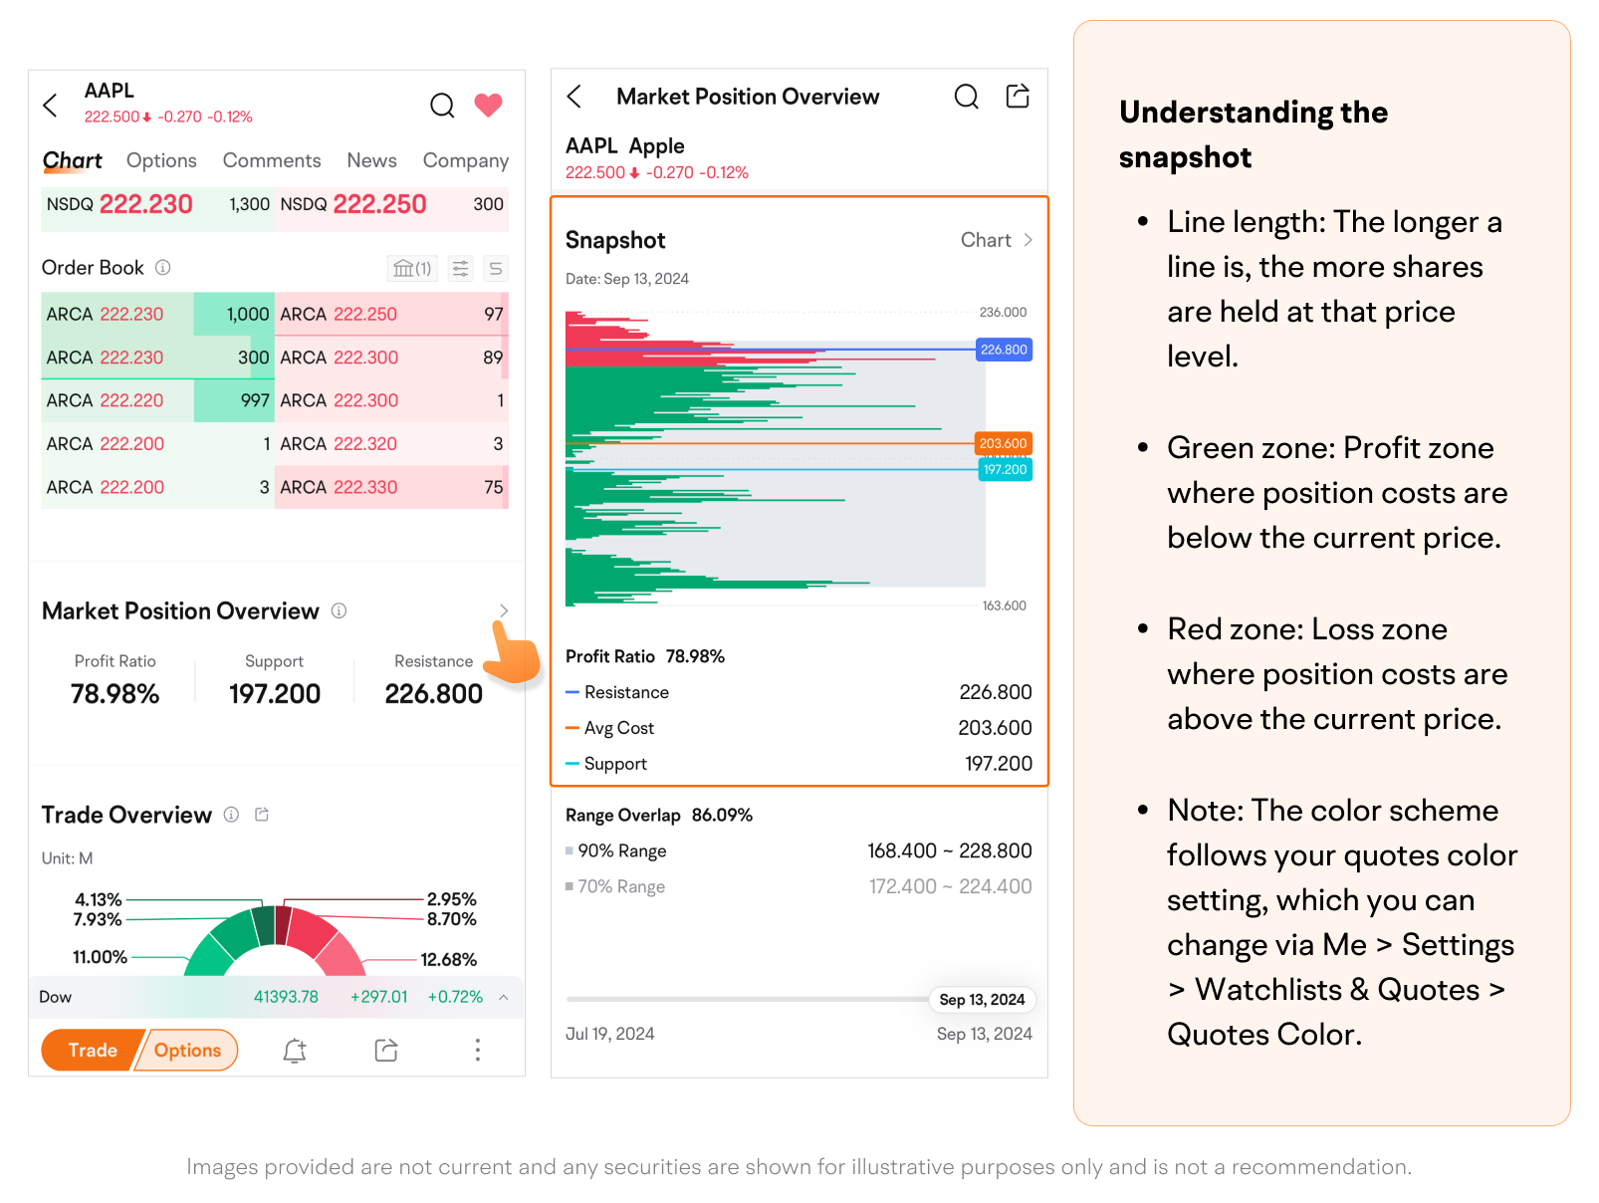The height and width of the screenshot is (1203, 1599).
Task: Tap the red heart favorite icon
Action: [488, 105]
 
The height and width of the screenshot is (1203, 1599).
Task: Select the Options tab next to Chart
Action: [161, 160]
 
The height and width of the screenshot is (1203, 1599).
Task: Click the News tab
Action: [371, 160]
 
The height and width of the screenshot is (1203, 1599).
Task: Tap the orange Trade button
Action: [92, 1050]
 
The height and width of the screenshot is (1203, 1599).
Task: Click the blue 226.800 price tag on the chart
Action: [1004, 350]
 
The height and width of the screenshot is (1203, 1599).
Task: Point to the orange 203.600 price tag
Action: [1003, 443]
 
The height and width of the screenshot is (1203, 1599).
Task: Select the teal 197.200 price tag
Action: [1005, 469]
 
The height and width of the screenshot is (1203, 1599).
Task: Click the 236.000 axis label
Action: [1003, 312]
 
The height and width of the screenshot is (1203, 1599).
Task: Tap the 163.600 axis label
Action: [1004, 605]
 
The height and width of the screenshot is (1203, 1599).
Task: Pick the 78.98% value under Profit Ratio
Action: [115, 693]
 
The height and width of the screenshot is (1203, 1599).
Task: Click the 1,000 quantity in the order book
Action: [248, 315]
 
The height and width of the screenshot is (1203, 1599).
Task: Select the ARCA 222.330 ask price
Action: [365, 487]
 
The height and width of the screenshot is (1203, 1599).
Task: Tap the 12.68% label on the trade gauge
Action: [449, 959]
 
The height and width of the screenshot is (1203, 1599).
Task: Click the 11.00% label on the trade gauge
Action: [100, 957]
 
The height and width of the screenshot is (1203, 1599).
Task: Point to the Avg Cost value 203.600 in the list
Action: [995, 728]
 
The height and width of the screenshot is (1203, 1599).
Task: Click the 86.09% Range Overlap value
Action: [722, 815]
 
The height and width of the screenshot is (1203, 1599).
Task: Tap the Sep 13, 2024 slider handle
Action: [982, 999]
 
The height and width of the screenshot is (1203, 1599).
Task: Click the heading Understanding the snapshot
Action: [1253, 134]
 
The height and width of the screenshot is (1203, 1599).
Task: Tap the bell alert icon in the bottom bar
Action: [295, 1050]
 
